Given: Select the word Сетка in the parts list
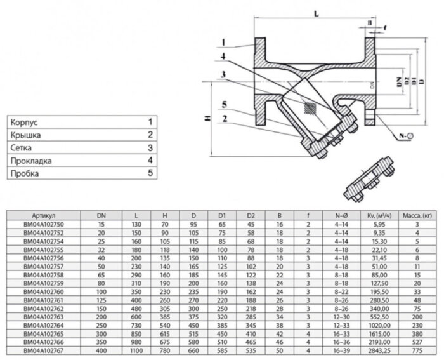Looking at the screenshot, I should (x=22, y=147).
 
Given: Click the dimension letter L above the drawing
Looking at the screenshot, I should (x=315, y=13).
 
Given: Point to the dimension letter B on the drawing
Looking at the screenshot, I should (x=370, y=23).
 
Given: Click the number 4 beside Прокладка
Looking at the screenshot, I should (x=150, y=161).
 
